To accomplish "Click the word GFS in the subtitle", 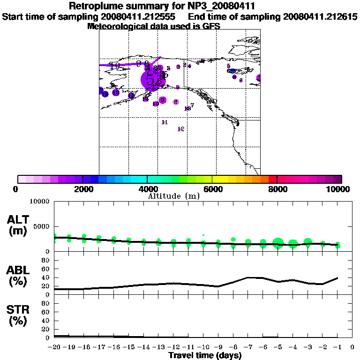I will (x=211, y=26).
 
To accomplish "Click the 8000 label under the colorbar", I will (x=277, y=189).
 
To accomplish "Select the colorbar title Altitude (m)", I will (x=174, y=196).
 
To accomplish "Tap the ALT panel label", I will (x=18, y=225).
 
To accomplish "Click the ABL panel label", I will (x=18, y=276).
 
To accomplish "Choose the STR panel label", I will (x=18, y=315).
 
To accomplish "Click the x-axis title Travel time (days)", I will (x=205, y=356).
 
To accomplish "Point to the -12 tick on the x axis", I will (x=173, y=347).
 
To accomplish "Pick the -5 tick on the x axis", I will (x=278, y=347).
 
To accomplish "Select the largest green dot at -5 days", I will (x=278, y=243).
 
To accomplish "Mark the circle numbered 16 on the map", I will (x=116, y=93).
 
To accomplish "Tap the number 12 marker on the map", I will (x=181, y=129).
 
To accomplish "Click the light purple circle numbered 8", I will (x=176, y=102).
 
